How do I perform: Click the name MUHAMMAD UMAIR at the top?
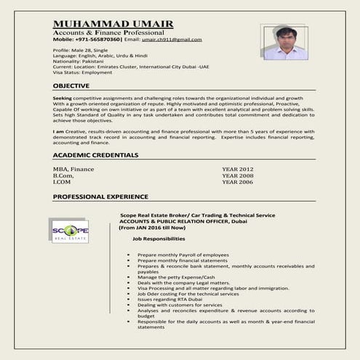(113, 25)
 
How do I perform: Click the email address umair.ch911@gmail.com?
(172, 39)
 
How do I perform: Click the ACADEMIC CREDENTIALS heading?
(95, 155)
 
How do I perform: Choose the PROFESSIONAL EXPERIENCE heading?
(100, 196)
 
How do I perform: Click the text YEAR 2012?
(238, 169)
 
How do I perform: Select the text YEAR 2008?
(238, 175)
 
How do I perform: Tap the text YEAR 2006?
(238, 182)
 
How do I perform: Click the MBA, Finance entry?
(73, 169)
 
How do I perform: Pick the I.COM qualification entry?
(63, 182)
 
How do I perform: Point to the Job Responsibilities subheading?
(159, 239)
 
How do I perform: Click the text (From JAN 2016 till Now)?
(152, 227)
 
